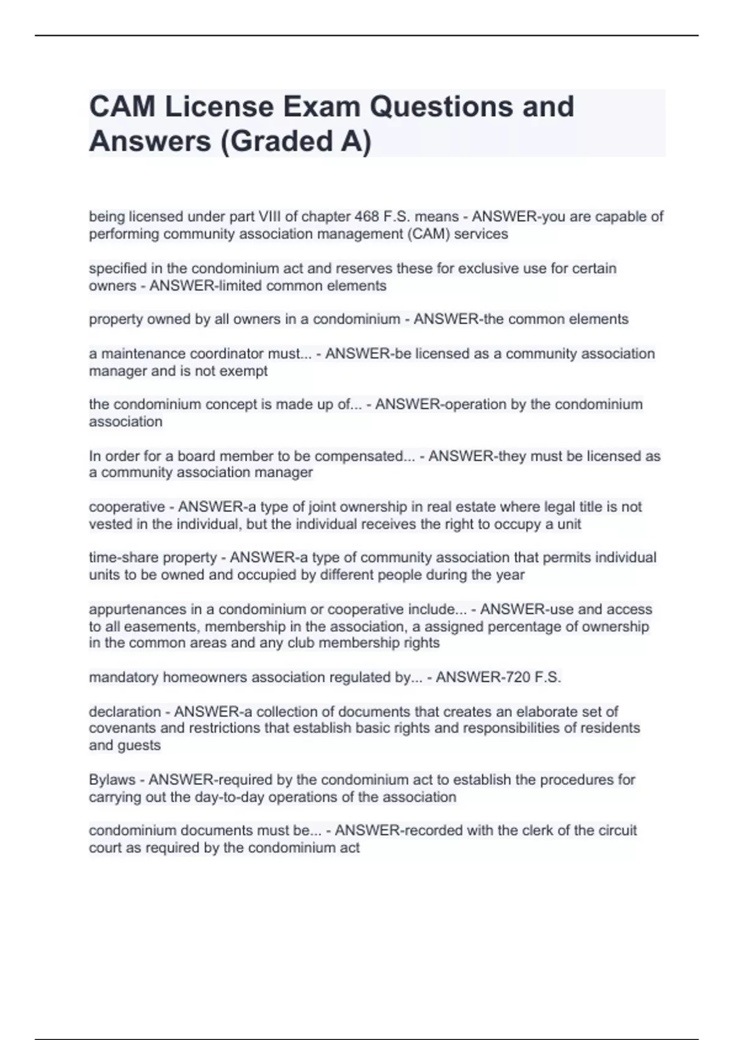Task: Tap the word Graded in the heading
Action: click(x=282, y=141)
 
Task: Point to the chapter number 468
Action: click(x=366, y=217)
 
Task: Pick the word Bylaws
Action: click(x=112, y=780)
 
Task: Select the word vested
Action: click(x=109, y=524)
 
